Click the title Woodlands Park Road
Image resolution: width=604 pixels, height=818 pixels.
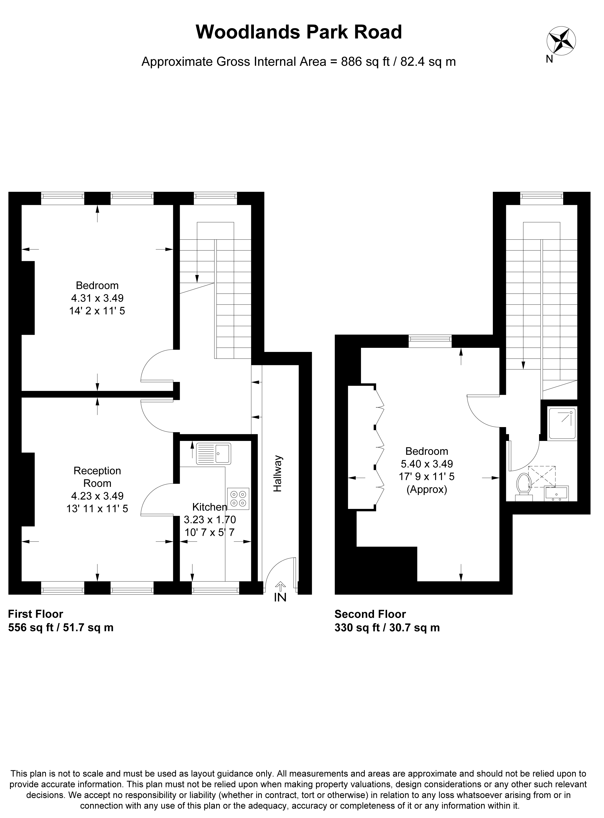click(x=299, y=32)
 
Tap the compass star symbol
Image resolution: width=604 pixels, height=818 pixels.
click(x=561, y=41)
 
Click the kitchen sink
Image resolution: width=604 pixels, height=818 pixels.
click(x=214, y=454)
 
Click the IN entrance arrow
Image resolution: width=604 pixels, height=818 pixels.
click(x=280, y=586)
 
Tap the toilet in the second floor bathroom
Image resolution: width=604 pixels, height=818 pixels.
click(x=524, y=487)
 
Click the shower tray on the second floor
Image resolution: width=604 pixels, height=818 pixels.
click(x=562, y=423)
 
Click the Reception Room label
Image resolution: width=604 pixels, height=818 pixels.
click(x=97, y=477)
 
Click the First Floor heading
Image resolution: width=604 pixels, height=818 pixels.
click(x=35, y=614)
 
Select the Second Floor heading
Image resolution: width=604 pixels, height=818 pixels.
click(x=370, y=614)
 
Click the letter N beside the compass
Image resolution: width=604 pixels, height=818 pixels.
click(x=550, y=59)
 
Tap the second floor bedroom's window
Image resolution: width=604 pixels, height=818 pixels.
click(x=430, y=341)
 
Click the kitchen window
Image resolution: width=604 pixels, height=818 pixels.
click(x=215, y=588)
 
